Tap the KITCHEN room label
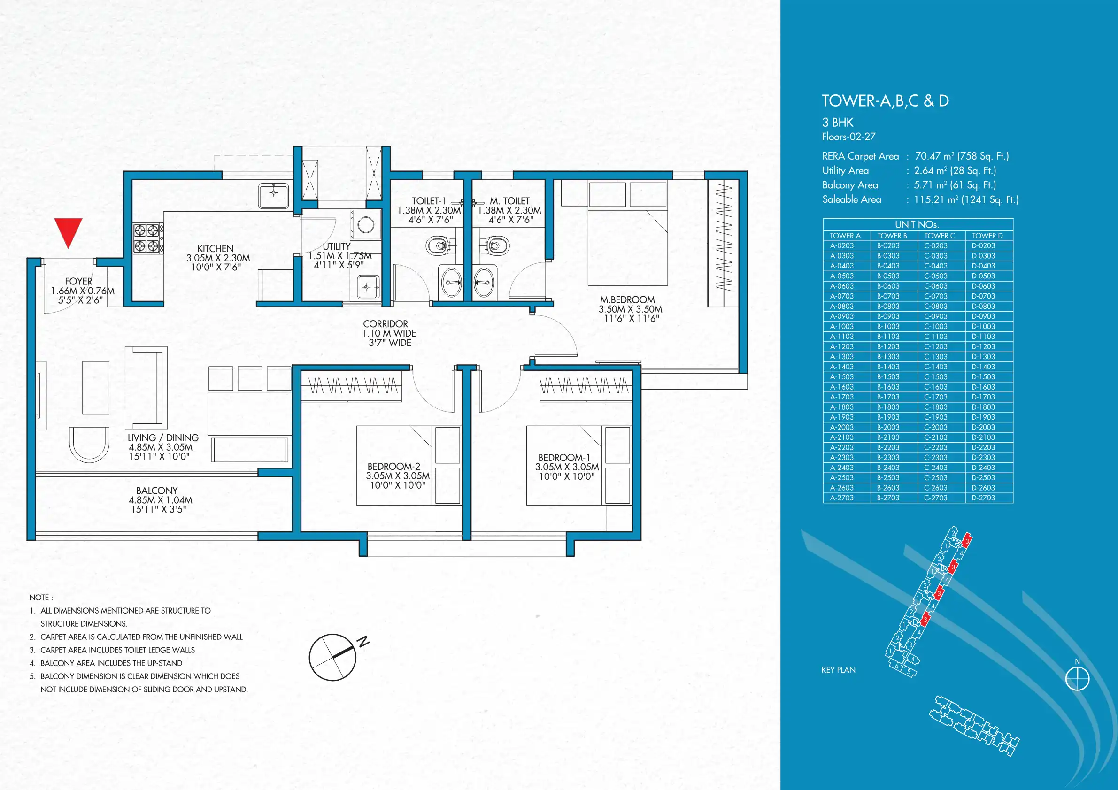[x=215, y=249]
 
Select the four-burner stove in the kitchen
[x=148, y=238]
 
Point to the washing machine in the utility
[x=366, y=224]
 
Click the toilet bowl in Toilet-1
[x=440, y=245]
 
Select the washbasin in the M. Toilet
[x=484, y=282]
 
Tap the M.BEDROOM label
[x=627, y=300]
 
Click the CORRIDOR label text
[x=386, y=324]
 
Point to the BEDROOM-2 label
[x=393, y=466]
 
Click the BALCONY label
[x=157, y=491]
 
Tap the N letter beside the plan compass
[x=363, y=642]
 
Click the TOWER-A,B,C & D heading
[x=885, y=101]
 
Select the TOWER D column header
[x=987, y=236]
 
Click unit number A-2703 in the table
[x=842, y=498]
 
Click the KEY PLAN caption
[x=838, y=670]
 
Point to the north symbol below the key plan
[x=1077, y=677]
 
